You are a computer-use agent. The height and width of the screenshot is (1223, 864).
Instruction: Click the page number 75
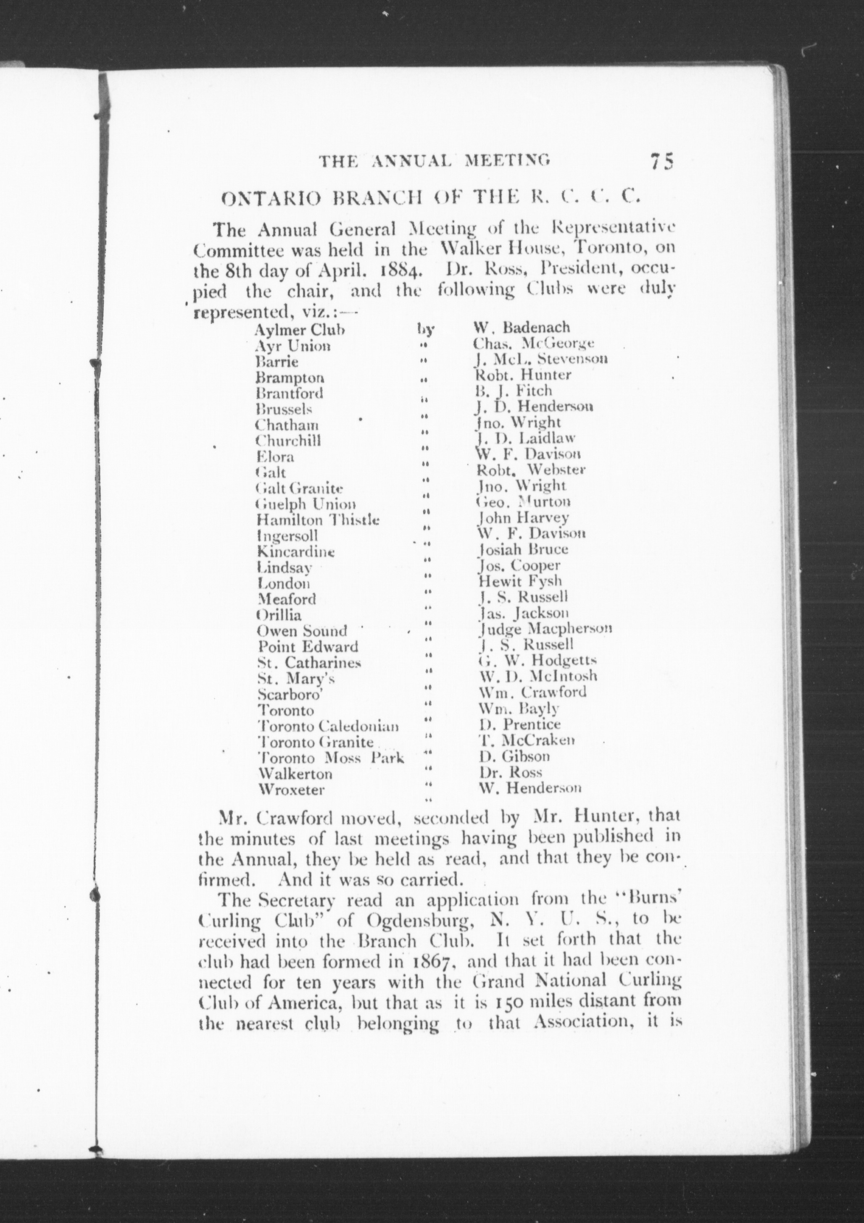[661, 160]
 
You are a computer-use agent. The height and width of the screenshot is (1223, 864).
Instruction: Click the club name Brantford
[290, 393]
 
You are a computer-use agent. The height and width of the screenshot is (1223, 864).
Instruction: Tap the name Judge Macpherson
[545, 629]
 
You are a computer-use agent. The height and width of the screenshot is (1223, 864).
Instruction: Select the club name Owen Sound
[302, 631]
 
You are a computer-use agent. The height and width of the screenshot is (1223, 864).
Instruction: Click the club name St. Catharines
[309, 663]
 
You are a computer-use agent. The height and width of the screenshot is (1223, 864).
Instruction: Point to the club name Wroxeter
[291, 790]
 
